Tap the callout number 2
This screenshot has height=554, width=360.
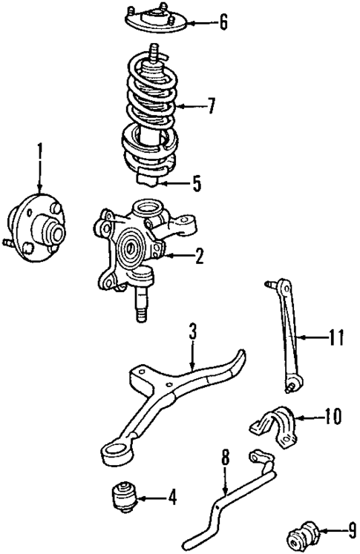[x=199, y=257]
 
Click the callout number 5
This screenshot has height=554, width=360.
[x=196, y=183]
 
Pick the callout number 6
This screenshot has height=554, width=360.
[x=223, y=22]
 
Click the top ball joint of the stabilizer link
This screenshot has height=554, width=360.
[x=269, y=285]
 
